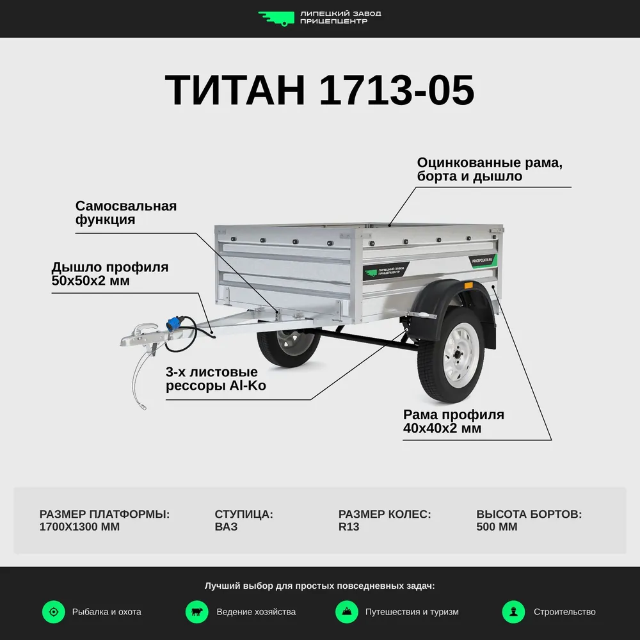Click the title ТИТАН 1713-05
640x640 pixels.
click(319, 90)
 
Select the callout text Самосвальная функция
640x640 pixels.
click(125, 212)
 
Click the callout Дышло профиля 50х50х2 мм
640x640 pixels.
click(110, 273)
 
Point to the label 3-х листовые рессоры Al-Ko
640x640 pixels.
click(216, 378)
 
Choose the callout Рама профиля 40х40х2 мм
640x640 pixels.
click(453, 421)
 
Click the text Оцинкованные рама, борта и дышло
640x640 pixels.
click(490, 169)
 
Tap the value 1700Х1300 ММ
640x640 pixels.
click(79, 527)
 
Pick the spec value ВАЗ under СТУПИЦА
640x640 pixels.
click(226, 527)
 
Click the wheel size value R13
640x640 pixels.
click(349, 527)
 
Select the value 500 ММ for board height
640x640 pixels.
click(497, 527)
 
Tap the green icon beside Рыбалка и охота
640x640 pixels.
click(54, 612)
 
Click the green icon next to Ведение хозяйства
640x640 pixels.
click(197, 612)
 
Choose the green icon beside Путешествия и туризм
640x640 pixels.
click(347, 612)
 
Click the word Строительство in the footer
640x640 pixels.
click(564, 612)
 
